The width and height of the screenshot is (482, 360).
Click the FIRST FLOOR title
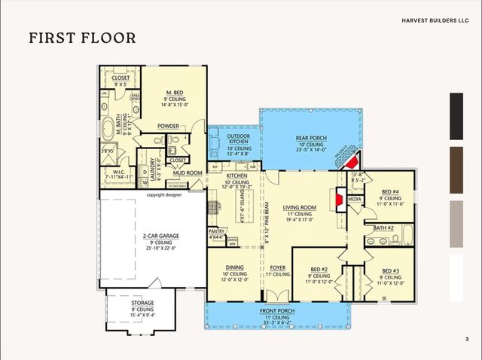point(82,38)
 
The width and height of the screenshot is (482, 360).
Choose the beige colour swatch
point(456,224)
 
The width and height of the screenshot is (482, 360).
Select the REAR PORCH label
point(310,138)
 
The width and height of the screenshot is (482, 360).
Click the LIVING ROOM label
point(299,207)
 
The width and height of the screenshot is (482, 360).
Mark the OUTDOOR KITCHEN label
point(239,139)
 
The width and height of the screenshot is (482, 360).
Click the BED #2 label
point(320,269)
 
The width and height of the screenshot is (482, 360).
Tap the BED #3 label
point(389,270)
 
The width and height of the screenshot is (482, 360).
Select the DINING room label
point(234,267)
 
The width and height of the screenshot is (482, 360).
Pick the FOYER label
point(278,267)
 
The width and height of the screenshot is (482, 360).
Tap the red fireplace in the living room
point(340,200)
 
